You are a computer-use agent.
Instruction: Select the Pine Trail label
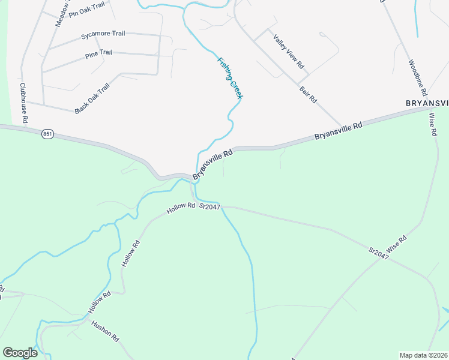pyautogui.click(x=98, y=53)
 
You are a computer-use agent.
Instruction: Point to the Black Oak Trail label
pyautogui.click(x=92, y=98)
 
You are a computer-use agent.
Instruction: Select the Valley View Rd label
pyautogui.click(x=289, y=51)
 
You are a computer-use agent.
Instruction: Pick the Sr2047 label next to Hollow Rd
pyautogui.click(x=210, y=206)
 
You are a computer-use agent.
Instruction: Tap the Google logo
pyautogui.click(x=20, y=353)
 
